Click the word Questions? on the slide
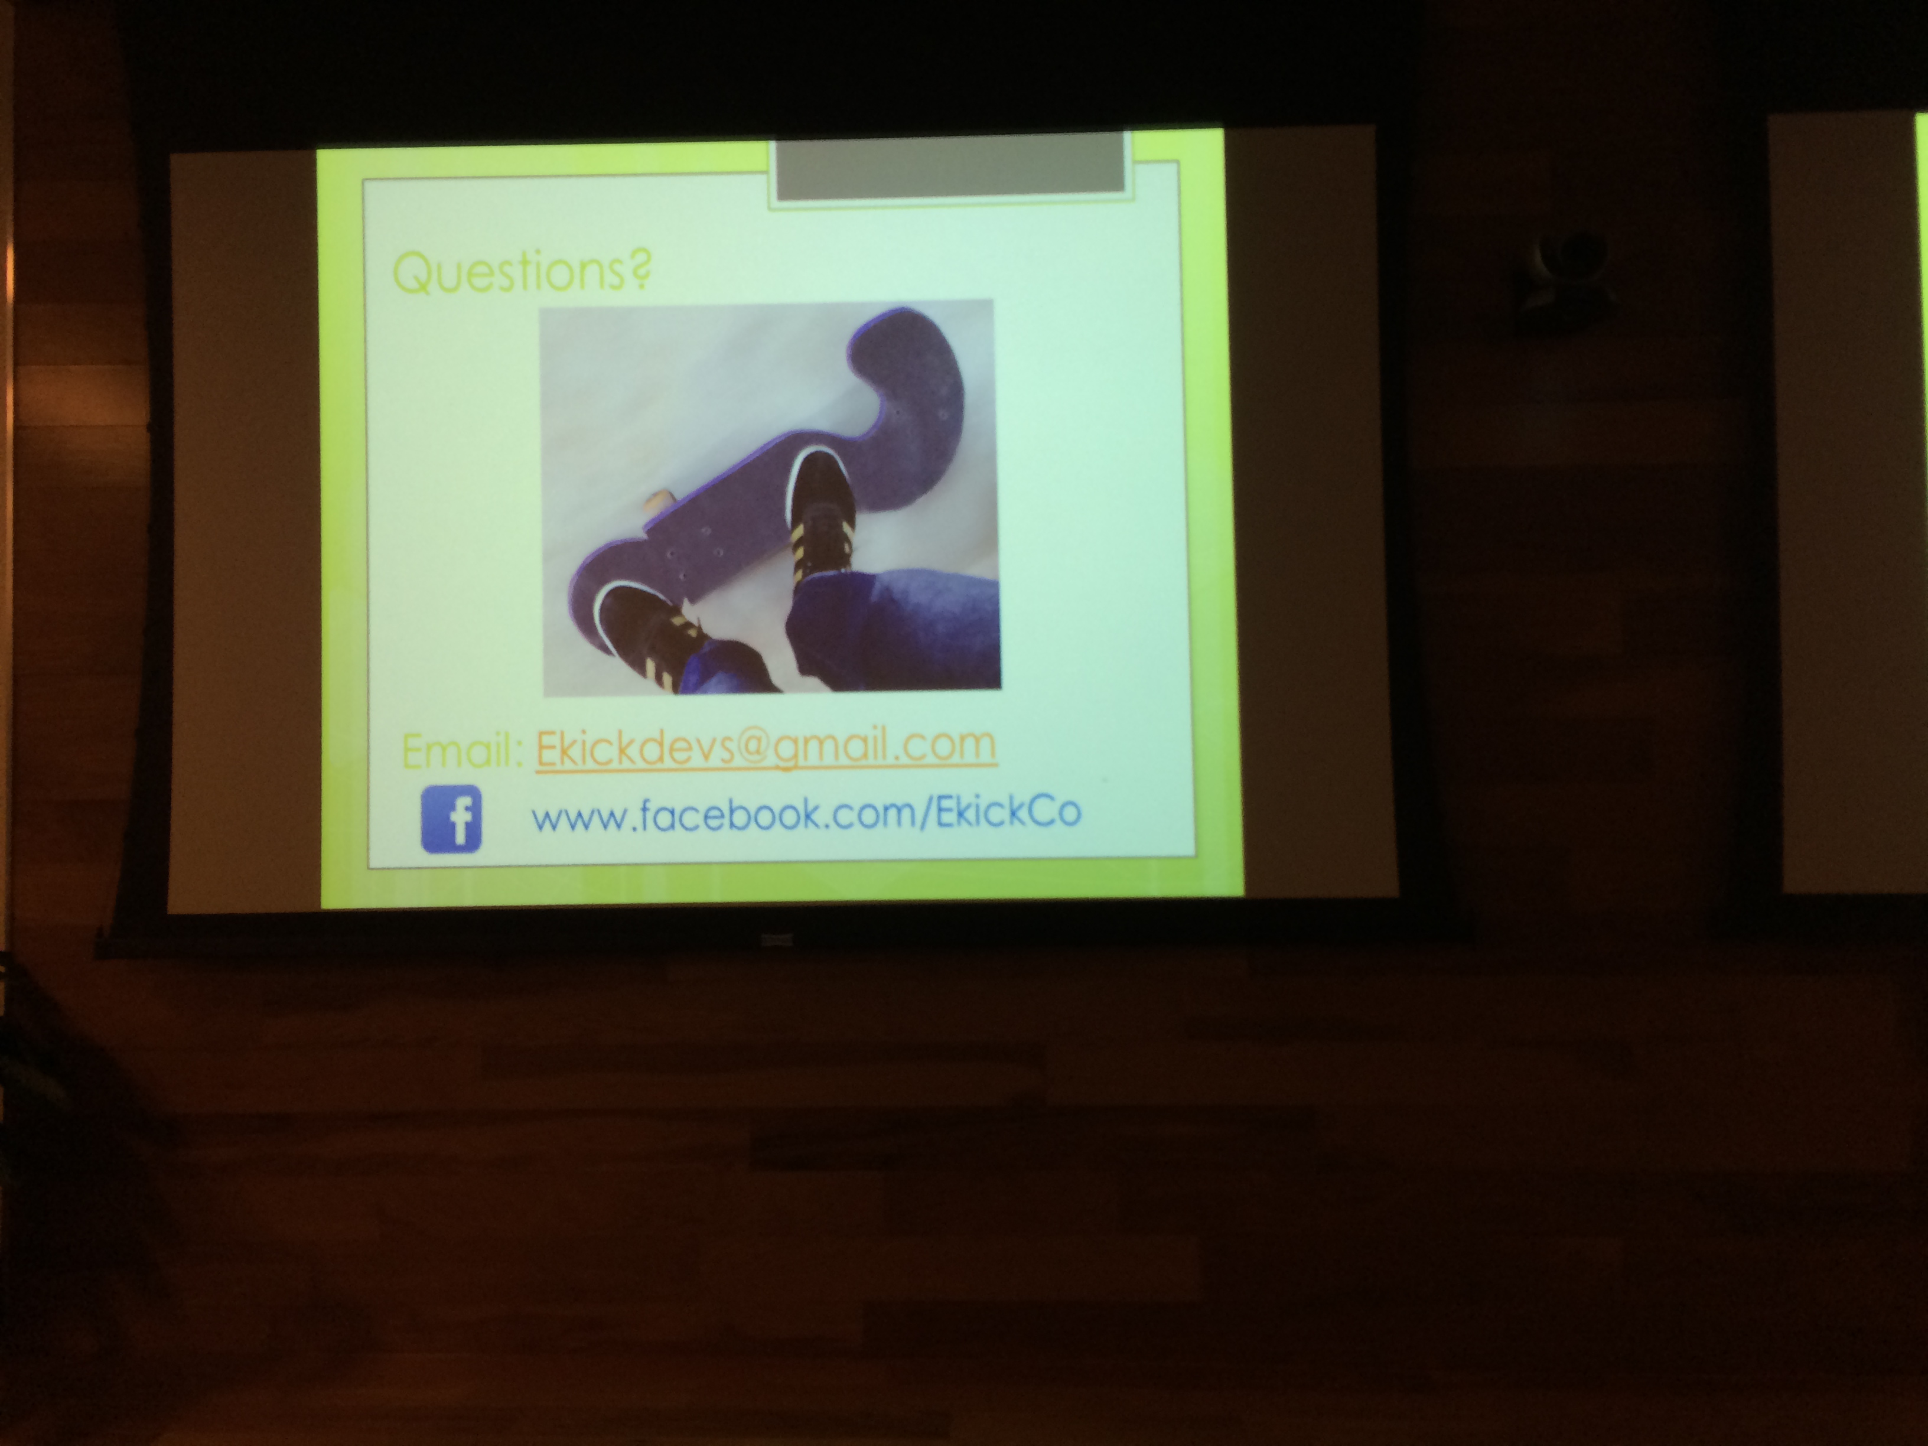(x=521, y=271)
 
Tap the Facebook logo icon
(x=451, y=819)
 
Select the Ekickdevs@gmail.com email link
(x=766, y=747)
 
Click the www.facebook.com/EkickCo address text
(x=806, y=814)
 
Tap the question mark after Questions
(x=640, y=269)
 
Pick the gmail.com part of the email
(x=885, y=748)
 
